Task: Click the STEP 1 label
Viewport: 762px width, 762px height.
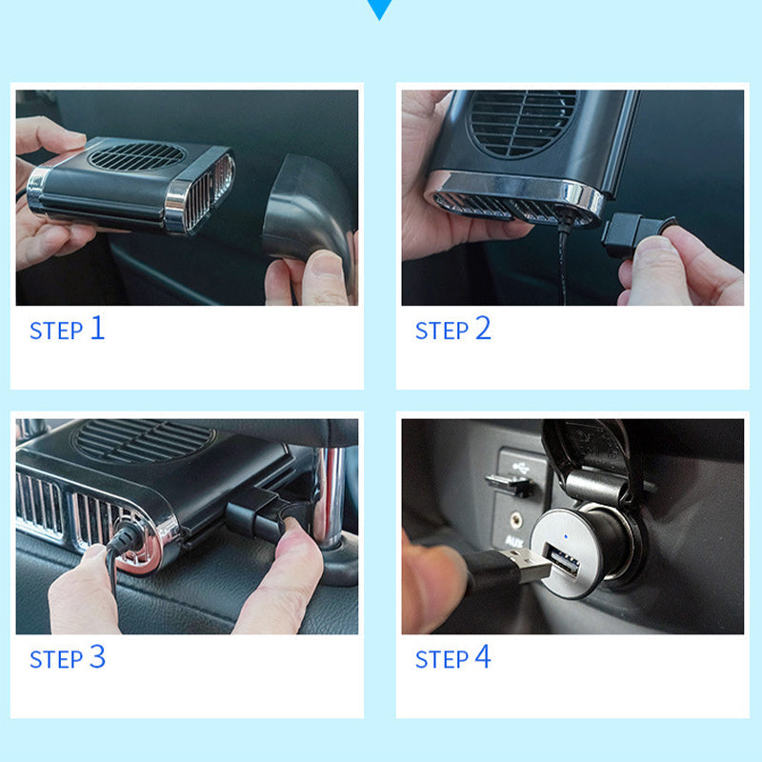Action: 67,329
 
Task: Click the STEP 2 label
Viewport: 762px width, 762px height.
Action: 453,329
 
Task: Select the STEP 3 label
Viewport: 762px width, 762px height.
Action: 68,657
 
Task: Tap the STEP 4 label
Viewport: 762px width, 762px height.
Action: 453,657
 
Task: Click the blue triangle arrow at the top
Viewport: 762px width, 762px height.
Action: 379,9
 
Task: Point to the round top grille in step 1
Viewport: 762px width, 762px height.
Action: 136,155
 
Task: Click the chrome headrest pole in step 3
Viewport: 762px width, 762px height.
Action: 331,495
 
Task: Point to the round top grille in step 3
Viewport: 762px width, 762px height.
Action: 143,440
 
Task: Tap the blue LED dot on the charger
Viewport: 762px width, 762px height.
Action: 565,537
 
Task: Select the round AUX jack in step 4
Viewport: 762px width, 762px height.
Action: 516,521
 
